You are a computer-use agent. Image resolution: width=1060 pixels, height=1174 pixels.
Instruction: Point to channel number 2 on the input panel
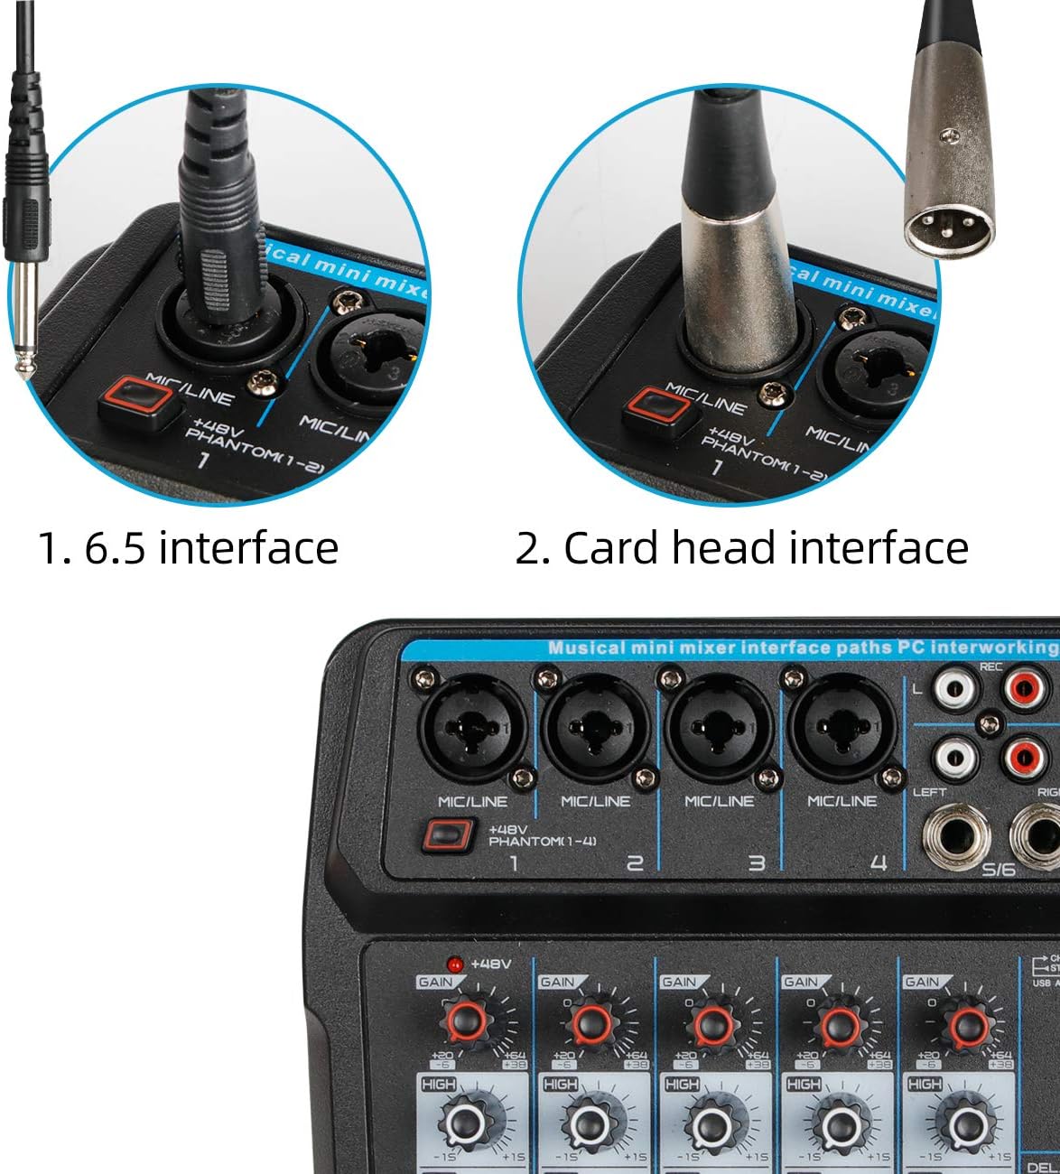coord(635,864)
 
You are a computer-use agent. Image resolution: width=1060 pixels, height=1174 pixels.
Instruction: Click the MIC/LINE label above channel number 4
coord(841,801)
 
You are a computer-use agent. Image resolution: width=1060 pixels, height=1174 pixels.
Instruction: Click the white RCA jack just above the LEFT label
coord(955,757)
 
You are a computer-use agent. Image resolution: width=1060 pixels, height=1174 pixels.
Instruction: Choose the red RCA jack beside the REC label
coord(1025,691)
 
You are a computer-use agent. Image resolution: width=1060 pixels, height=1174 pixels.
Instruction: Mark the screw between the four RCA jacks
coord(990,723)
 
